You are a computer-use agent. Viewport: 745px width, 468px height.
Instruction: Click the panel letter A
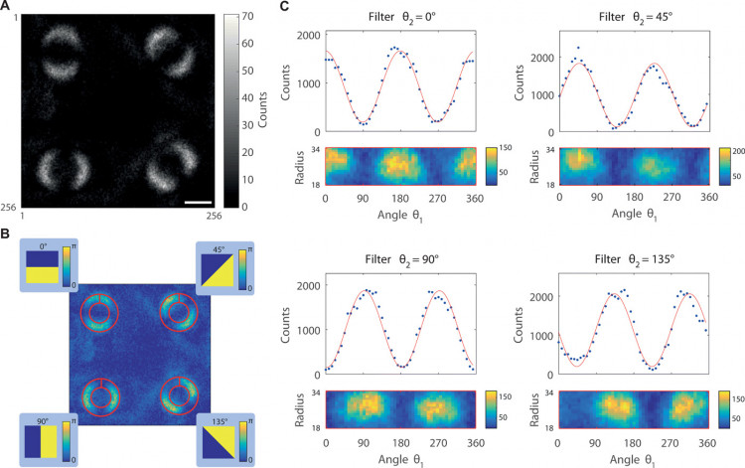click(x=5, y=7)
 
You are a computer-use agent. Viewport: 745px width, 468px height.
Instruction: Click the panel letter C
click(x=288, y=7)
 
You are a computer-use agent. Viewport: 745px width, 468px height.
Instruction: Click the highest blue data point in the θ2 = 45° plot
click(x=576, y=48)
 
